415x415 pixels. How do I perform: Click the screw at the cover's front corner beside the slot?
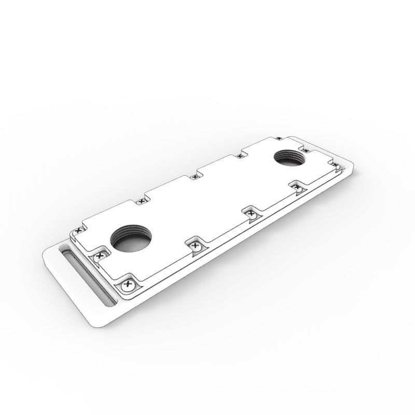pos(127,284)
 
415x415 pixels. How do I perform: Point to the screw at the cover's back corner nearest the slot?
pos(79,229)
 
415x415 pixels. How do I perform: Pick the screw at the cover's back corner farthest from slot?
pos(279,137)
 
